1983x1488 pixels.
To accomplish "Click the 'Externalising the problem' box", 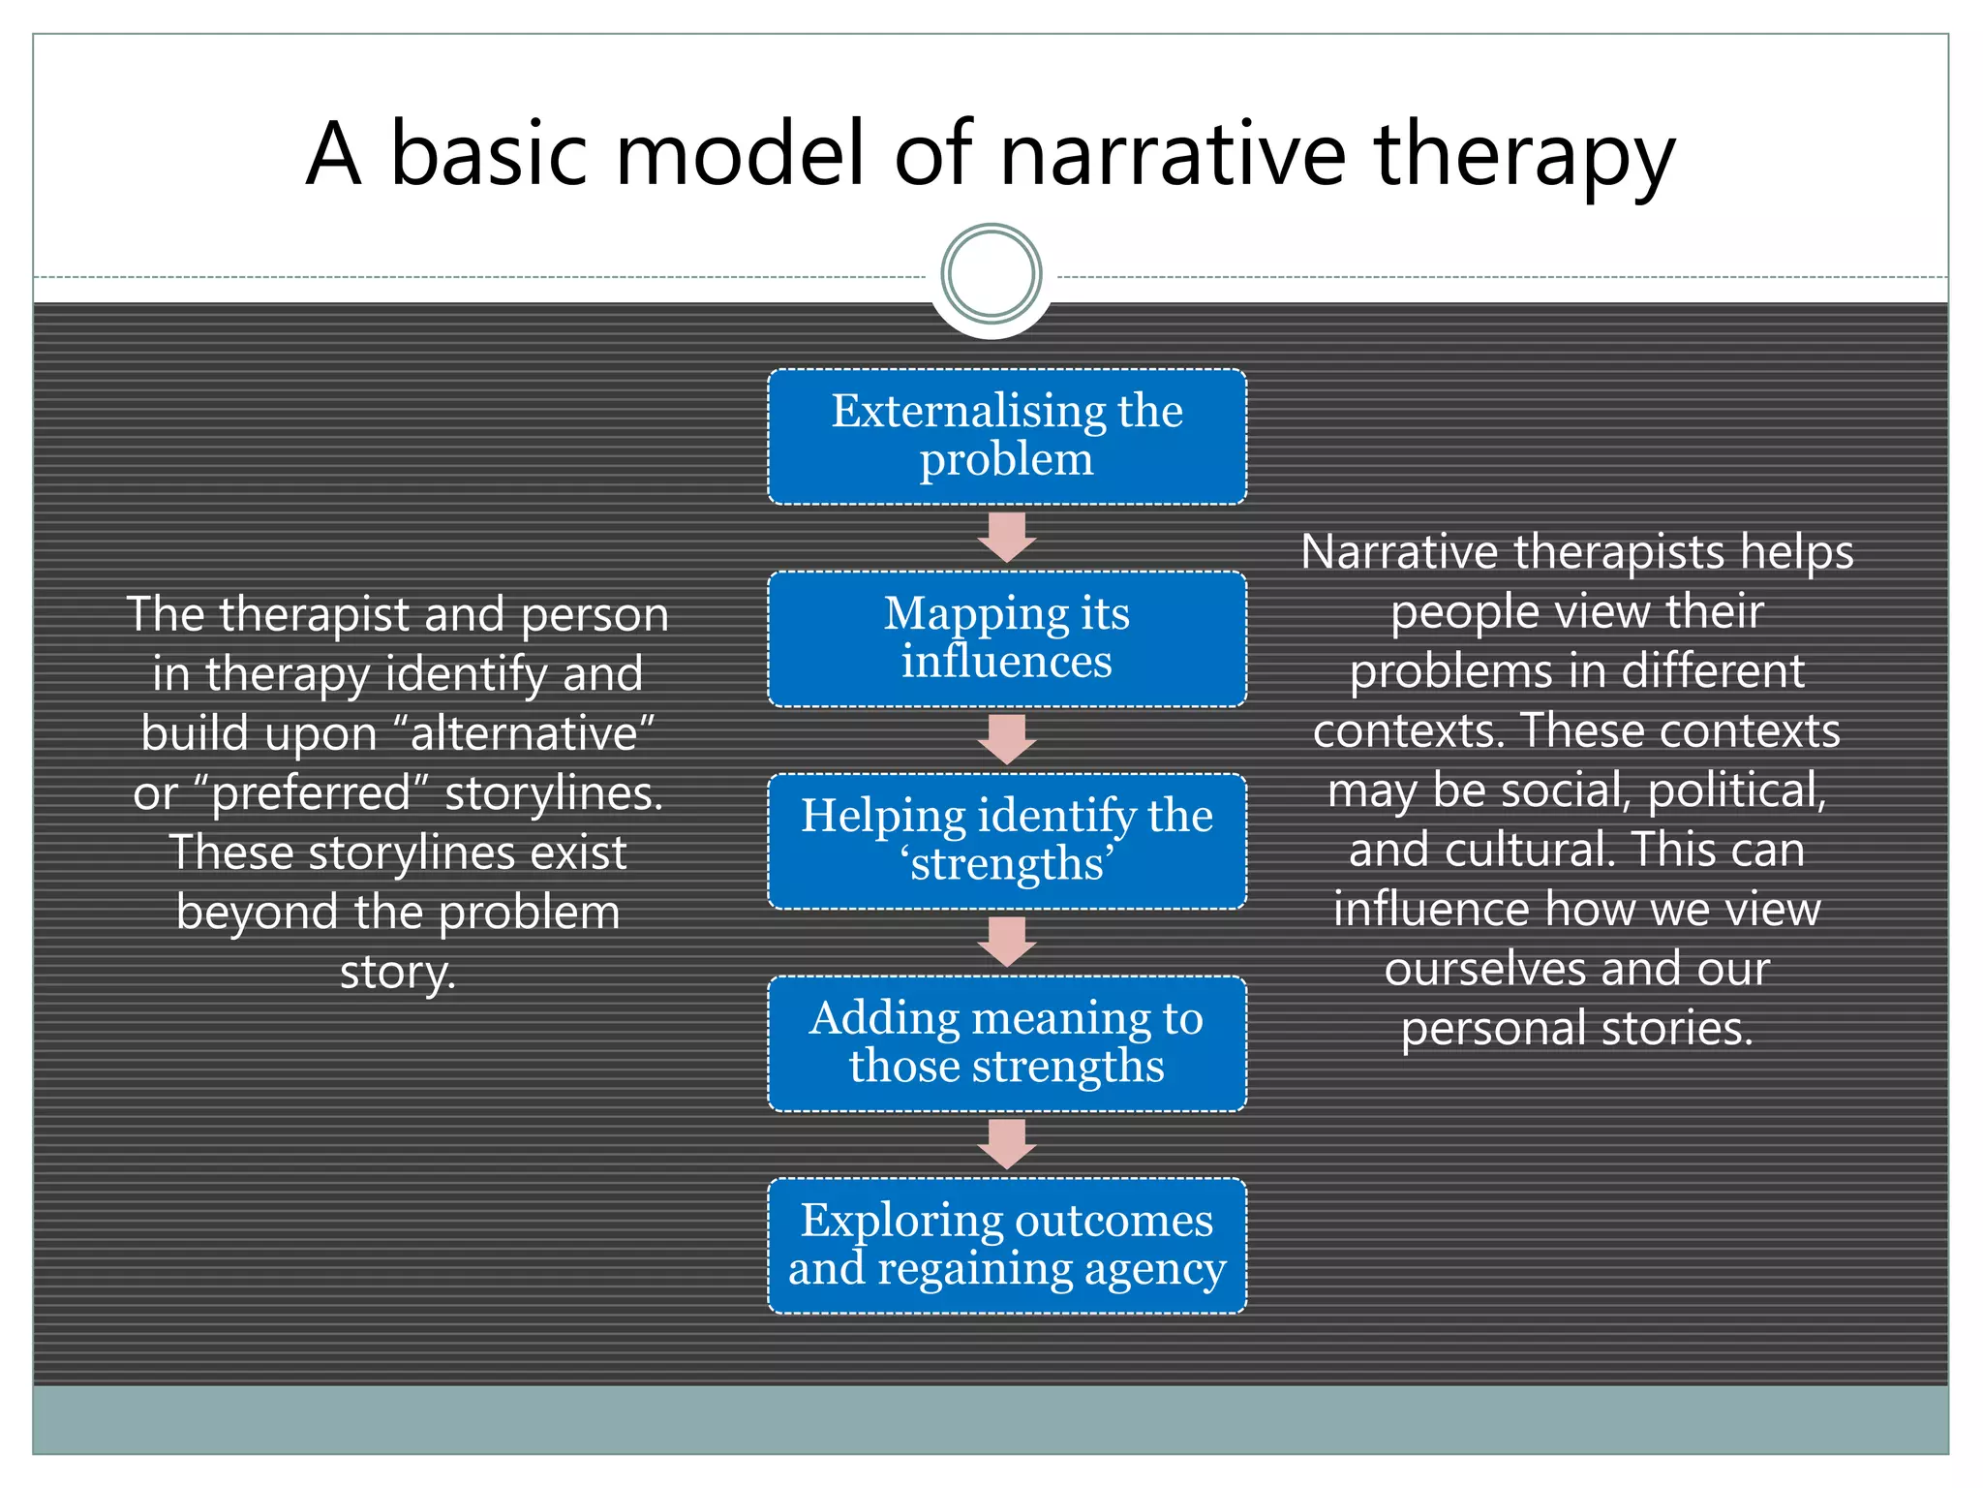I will [x=1007, y=436].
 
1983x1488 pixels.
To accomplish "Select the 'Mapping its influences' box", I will [x=1007, y=638].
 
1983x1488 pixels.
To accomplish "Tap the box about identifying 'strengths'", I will [x=1007, y=841].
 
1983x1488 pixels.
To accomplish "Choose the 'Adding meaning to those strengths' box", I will [x=1007, y=1043].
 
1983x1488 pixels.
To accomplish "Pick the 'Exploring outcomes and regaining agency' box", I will [x=1007, y=1246].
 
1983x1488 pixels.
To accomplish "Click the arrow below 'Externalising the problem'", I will [x=1007, y=537].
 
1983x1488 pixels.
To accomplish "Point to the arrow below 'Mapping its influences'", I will [x=1007, y=739].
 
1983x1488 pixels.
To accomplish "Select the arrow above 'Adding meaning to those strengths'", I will [x=1007, y=942].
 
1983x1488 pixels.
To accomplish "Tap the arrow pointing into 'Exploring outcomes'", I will [x=1007, y=1144].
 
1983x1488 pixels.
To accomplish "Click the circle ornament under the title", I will [x=991, y=274].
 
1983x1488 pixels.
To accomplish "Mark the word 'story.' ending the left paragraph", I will [x=398, y=973].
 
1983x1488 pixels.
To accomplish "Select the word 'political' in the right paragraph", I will [x=1735, y=790].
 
